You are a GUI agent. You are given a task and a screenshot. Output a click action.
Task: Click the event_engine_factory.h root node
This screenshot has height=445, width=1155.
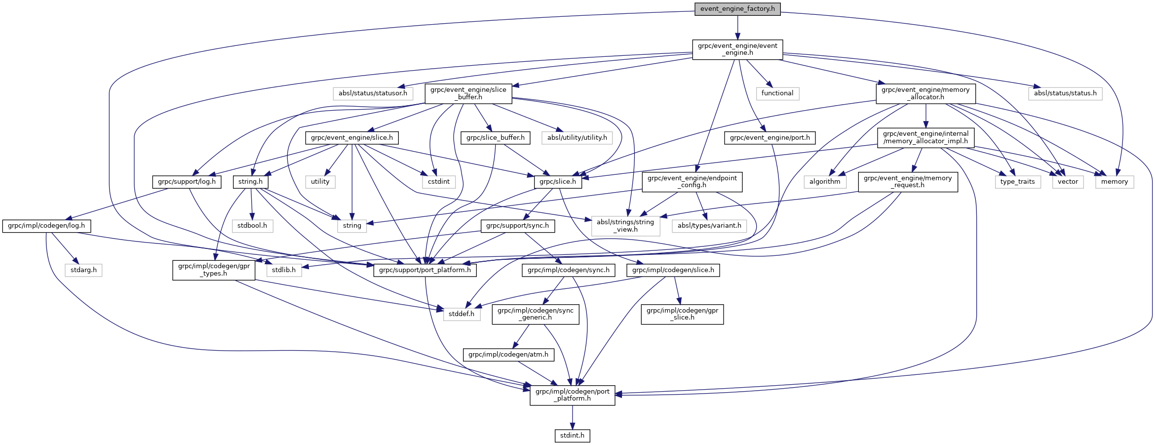pos(737,9)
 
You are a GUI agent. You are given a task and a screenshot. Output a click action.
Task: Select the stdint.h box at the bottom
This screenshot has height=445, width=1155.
pos(572,436)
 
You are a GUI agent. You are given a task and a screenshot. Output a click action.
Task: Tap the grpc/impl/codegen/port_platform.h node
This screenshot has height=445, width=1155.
pos(573,395)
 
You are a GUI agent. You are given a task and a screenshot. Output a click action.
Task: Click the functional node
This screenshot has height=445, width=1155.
pos(777,93)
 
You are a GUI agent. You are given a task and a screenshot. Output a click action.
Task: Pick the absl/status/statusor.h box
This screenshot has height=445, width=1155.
pos(373,93)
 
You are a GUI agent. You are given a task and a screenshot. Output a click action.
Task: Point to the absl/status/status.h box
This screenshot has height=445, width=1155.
pos(1065,93)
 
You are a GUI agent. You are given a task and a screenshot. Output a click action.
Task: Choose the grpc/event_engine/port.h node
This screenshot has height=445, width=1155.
pos(770,138)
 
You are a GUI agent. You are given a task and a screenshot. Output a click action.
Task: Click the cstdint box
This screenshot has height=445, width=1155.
pos(439,182)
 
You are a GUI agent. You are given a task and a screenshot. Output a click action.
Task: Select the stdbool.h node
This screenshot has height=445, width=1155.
pos(252,226)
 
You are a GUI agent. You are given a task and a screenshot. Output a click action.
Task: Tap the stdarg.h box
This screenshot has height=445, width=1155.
pos(83,270)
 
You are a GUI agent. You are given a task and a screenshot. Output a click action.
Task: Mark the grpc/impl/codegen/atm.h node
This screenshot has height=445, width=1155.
pos(508,355)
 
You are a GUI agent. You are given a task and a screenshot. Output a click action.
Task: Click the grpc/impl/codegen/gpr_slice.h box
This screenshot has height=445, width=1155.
pos(682,314)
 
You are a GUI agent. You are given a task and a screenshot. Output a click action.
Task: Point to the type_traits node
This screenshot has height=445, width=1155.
pos(1017,182)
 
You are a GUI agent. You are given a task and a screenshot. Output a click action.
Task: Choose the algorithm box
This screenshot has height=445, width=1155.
pos(825,182)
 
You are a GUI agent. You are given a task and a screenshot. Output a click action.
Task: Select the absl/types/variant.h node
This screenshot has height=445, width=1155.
pos(709,226)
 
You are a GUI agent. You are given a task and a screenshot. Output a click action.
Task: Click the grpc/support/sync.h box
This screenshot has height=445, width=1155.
pos(517,226)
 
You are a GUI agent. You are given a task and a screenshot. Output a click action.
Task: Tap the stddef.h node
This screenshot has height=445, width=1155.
pos(462,314)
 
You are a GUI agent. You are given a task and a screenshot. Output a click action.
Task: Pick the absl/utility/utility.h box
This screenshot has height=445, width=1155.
pos(577,138)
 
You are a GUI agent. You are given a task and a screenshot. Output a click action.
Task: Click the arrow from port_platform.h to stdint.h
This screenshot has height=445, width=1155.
pos(573,417)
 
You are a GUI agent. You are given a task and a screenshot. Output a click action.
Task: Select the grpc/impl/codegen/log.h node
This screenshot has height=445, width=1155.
pos(46,226)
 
